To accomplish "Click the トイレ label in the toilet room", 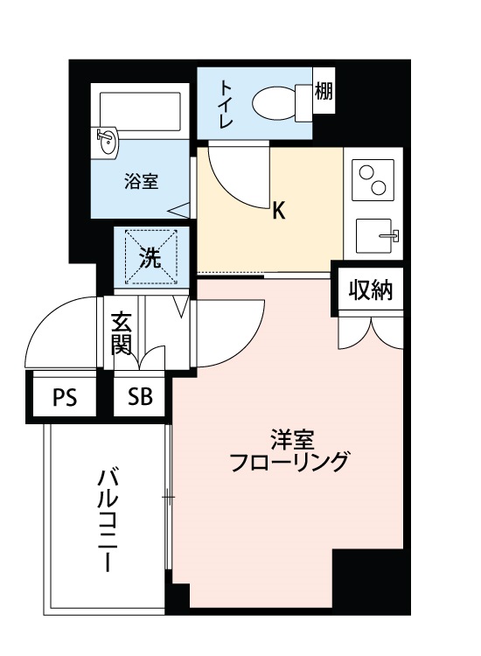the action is point(227,104).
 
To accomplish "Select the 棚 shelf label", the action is point(324,90).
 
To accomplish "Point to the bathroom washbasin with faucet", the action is point(107,143).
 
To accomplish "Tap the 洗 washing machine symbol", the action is point(151,257).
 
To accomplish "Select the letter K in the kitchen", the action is point(279,211).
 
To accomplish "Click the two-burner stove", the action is point(373,180).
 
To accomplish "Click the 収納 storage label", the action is point(371,290).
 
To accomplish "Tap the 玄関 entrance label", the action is point(122,333).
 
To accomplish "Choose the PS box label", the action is point(65,397).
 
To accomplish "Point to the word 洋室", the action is point(292,439).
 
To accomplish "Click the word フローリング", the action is point(289,462).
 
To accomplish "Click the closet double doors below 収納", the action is point(371,332).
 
